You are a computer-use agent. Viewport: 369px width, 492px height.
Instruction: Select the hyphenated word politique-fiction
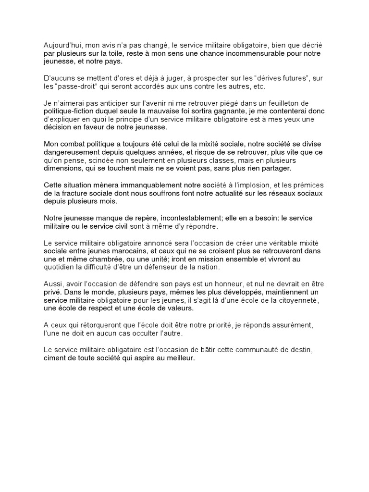(72, 111)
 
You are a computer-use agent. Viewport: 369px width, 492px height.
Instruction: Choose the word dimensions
(62, 168)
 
